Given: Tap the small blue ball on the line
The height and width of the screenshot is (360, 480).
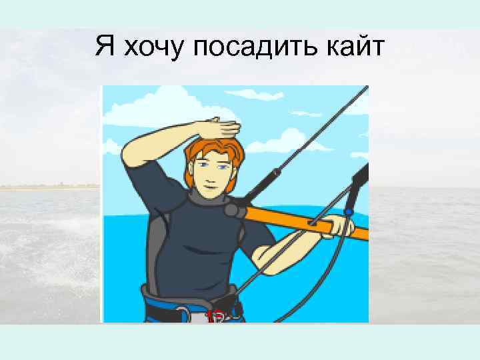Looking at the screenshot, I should (x=347, y=213).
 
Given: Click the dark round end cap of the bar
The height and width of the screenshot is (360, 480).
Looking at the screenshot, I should (x=231, y=210).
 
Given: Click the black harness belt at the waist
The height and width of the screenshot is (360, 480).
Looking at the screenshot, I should (x=160, y=297).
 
